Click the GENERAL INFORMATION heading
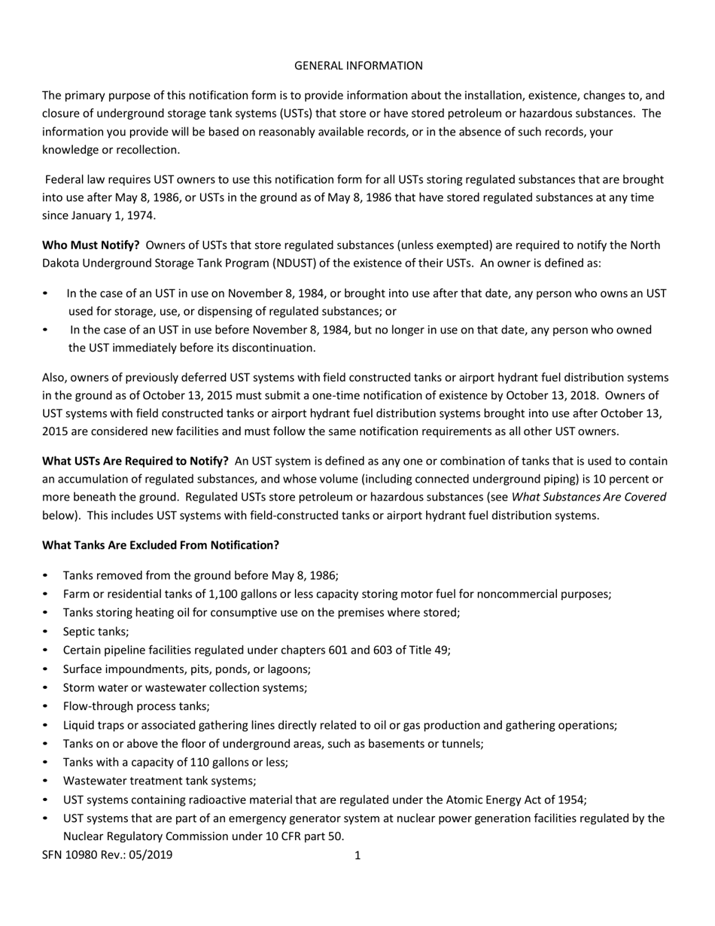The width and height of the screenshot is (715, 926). tap(357, 65)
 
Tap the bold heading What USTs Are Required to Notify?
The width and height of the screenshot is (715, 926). tap(135, 461)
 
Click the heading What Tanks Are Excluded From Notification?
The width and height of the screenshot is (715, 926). tap(160, 544)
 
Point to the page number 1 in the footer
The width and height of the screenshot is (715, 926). tap(357, 855)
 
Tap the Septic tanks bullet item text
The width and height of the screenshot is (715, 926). tap(96, 632)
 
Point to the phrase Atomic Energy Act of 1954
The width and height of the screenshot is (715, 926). tap(518, 800)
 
